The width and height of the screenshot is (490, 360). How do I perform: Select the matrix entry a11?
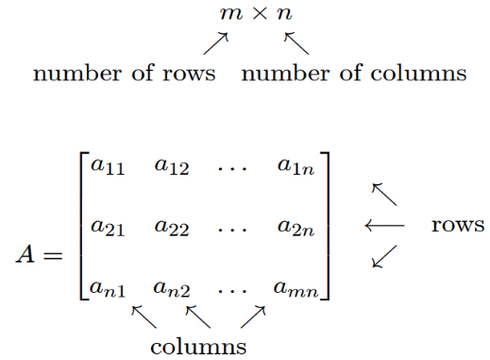pyautogui.click(x=104, y=168)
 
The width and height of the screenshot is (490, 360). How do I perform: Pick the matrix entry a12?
pyautogui.click(x=172, y=168)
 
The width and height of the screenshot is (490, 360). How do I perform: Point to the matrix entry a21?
pyautogui.click(x=104, y=228)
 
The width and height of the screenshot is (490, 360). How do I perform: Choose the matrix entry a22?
pyautogui.click(x=172, y=228)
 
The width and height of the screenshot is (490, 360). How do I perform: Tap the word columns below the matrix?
pyautogui.click(x=199, y=346)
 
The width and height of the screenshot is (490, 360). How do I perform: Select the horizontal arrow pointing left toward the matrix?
pyautogui.click(x=384, y=226)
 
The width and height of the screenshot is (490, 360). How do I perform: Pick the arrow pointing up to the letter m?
pyautogui.click(x=216, y=43)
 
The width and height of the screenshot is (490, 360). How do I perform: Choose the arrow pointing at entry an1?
pyautogui.click(x=143, y=315)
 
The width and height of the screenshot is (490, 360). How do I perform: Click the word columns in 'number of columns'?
pyautogui.click(x=416, y=73)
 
